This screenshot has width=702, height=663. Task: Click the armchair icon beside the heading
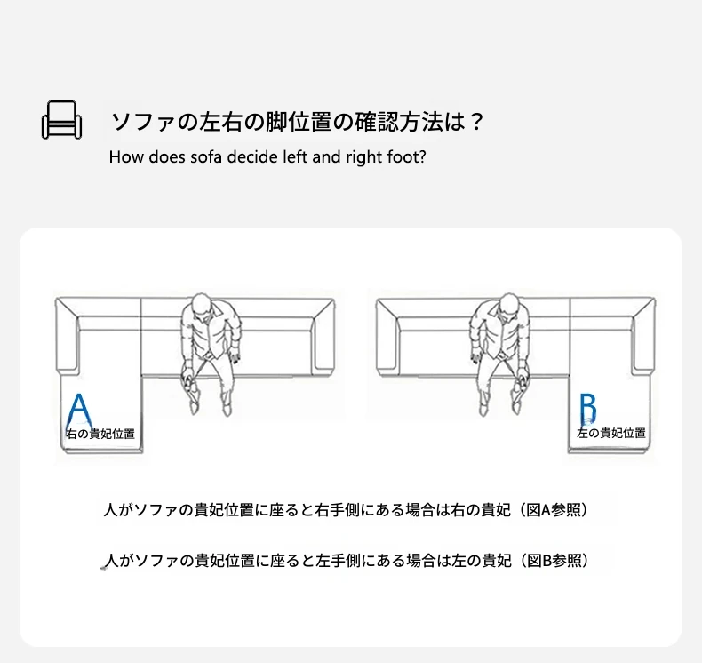tap(62, 120)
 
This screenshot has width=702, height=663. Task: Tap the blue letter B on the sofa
tap(588, 409)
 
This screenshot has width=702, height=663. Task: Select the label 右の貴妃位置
tap(100, 434)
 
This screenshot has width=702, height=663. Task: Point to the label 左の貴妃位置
tap(611, 433)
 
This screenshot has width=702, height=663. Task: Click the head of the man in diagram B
tap(507, 307)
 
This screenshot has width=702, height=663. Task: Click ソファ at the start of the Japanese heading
tap(142, 122)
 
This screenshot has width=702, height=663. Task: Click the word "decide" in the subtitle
tap(252, 156)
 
